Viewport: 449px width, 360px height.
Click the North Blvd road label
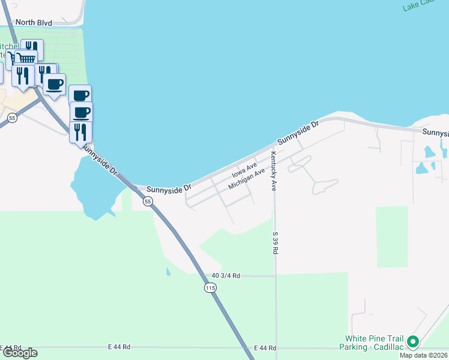tap(34, 23)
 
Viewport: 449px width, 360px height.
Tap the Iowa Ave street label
tap(244, 171)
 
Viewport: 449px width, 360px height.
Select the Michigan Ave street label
tap(247, 179)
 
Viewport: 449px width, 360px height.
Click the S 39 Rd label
tap(276, 243)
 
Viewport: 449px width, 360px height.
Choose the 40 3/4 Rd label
tap(226, 276)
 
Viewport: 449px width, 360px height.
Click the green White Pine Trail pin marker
tap(412, 341)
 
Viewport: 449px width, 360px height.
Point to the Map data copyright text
tap(424, 355)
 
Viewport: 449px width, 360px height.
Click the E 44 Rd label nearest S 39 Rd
tap(265, 348)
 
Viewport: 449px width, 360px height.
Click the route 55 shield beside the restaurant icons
tap(12, 118)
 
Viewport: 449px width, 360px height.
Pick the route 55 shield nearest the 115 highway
tap(148, 202)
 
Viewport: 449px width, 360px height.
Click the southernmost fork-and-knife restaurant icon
tap(80, 131)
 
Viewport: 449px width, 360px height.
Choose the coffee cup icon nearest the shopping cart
tap(54, 85)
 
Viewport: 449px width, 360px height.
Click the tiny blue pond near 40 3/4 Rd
tap(167, 272)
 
